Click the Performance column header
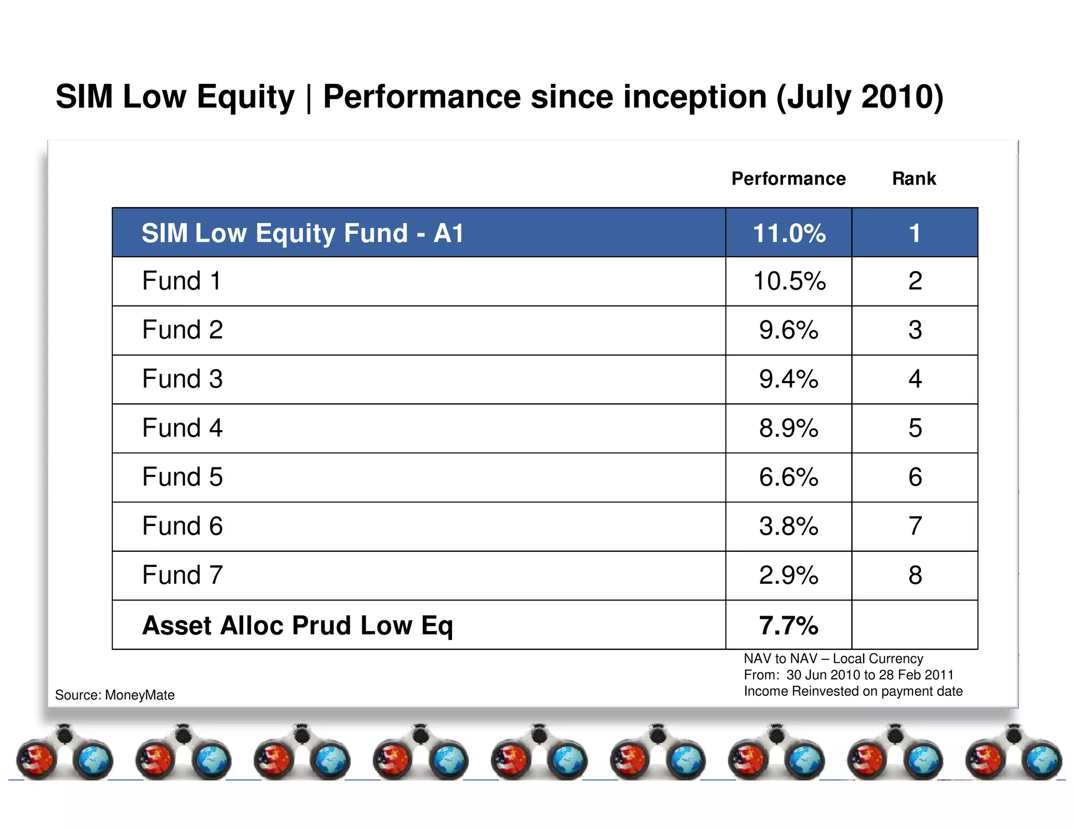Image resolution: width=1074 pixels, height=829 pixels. [x=788, y=179]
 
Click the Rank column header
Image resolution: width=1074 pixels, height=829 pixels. [x=914, y=179]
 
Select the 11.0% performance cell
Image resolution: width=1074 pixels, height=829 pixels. [x=789, y=233]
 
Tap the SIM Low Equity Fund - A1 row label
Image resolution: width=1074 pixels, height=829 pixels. [x=303, y=233]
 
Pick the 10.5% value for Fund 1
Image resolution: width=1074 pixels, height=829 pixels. [x=789, y=281]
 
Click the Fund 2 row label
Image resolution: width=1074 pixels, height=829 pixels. [x=182, y=330]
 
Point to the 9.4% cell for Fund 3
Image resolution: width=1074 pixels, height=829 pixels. [x=789, y=379]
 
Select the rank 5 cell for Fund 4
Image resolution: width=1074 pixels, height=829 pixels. [x=915, y=429]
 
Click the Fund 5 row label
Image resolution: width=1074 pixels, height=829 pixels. [x=182, y=477]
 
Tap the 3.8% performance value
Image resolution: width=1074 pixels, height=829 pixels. [x=789, y=527]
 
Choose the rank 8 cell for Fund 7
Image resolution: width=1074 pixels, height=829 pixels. [x=915, y=575]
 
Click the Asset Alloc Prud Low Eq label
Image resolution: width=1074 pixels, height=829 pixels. [x=297, y=625]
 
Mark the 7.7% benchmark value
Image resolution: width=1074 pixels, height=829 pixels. [x=789, y=625]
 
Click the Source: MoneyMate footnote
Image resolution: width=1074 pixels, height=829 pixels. [x=115, y=695]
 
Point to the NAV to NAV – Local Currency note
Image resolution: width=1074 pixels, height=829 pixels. [x=833, y=659]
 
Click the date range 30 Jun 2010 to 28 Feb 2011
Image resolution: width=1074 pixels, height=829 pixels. [x=869, y=675]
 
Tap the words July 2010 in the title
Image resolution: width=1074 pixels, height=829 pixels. [x=860, y=97]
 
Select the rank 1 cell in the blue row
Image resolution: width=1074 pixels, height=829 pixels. [x=915, y=233]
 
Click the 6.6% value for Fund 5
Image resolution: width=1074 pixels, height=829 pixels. [x=789, y=477]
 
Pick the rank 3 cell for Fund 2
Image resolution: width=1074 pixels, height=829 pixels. [x=915, y=330]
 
